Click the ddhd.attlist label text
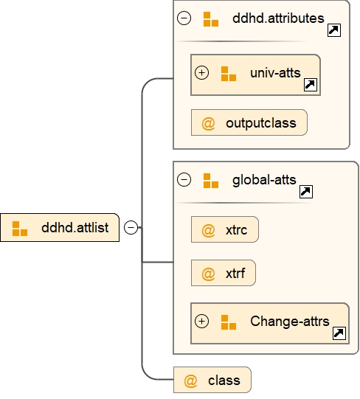(x=75, y=228)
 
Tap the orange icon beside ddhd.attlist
(x=20, y=228)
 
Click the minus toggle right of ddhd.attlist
(x=131, y=227)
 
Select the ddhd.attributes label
(x=278, y=18)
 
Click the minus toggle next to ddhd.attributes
(x=184, y=18)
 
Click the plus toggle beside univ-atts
(x=201, y=73)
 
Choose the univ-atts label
(x=274, y=73)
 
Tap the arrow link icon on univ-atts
(x=311, y=86)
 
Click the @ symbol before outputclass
(x=208, y=123)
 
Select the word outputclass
(x=261, y=123)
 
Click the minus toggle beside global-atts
(x=184, y=179)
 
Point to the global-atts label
(x=263, y=179)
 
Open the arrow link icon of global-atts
(x=305, y=192)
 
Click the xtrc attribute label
(x=237, y=231)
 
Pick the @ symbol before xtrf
(x=208, y=274)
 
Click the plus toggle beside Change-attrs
(x=201, y=322)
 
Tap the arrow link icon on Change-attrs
(x=339, y=333)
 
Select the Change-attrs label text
(x=290, y=322)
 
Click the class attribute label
(x=224, y=381)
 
